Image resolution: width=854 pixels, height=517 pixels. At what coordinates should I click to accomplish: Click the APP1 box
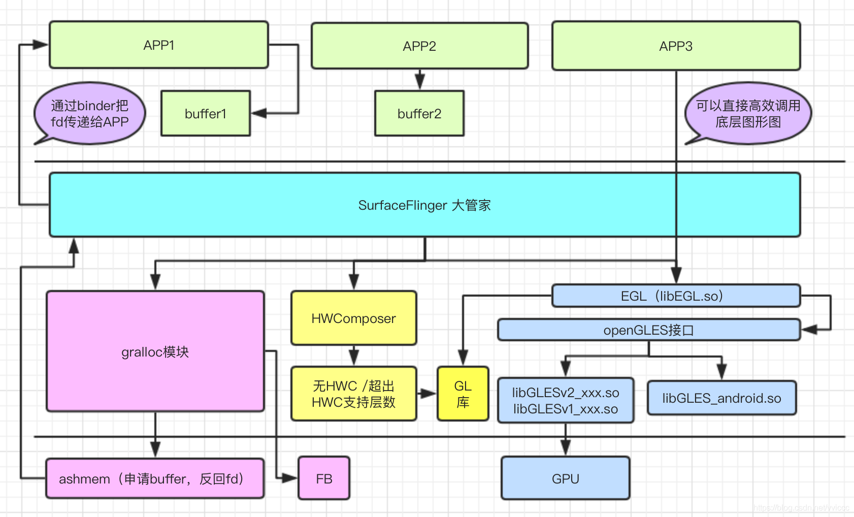158,45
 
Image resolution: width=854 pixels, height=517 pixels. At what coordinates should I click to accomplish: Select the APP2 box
419,46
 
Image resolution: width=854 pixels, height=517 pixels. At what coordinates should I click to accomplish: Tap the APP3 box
676,46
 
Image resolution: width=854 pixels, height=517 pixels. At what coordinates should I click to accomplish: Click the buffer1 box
206,113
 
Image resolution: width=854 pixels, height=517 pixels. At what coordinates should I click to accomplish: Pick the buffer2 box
419,113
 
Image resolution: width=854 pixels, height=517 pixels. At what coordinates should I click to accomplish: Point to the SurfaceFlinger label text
424,205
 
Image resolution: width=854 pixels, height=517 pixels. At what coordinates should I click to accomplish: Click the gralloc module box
155,351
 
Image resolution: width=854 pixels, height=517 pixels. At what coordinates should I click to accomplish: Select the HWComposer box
353,318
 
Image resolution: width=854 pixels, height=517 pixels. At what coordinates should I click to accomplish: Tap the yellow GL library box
463,394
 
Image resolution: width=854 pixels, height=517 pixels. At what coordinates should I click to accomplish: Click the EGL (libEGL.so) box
676,296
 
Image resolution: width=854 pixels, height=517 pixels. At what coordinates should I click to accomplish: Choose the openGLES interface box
648,330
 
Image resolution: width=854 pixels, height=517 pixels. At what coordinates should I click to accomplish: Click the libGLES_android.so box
721,398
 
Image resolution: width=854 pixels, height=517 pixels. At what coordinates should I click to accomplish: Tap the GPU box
565,478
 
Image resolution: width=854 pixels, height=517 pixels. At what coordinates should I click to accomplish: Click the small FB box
324,478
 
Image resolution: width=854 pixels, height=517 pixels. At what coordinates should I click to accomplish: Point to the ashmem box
155,478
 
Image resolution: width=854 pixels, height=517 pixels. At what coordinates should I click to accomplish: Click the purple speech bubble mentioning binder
90,113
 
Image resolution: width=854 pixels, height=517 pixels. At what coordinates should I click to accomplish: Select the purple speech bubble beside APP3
748,113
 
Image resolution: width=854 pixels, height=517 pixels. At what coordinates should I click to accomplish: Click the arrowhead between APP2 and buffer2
419,81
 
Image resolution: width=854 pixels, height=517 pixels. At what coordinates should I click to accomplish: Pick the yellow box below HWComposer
353,394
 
